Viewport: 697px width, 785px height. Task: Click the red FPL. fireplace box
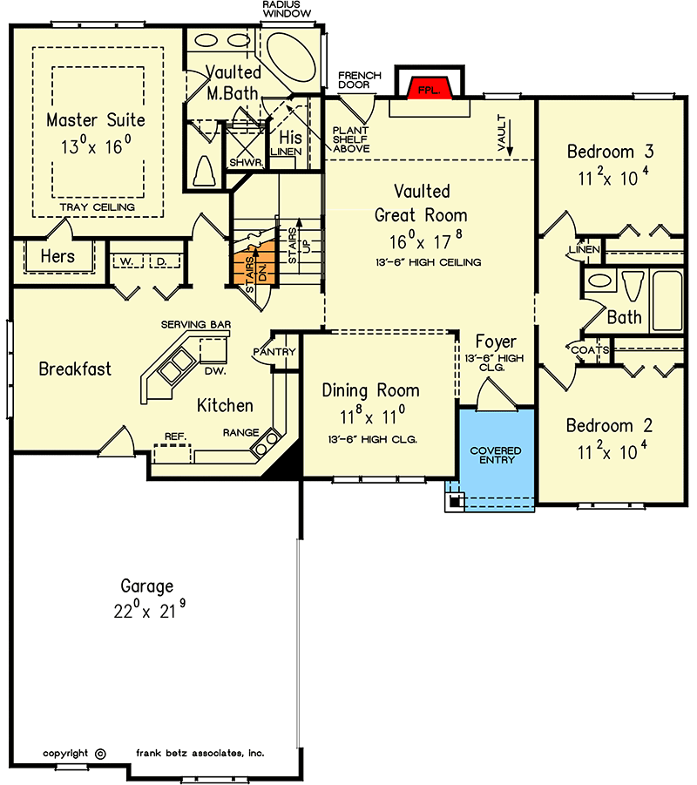coord(430,89)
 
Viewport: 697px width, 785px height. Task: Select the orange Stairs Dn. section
coord(255,269)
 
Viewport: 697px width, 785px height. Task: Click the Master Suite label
coord(96,120)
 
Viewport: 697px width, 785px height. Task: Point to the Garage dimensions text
coord(149,610)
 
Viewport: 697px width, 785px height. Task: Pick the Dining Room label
coord(370,390)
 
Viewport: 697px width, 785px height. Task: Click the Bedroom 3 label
coord(611,152)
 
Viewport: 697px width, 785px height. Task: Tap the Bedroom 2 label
coord(609,425)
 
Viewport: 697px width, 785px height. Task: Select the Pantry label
coord(274,352)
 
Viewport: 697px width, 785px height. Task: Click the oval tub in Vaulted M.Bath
coord(291,57)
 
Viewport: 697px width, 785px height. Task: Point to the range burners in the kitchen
coord(266,443)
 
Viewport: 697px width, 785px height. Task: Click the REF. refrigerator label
coord(175,436)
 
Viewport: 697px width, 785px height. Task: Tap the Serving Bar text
coord(196,324)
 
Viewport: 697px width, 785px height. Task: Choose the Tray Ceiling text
coord(97,207)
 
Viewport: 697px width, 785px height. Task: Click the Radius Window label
coord(287,9)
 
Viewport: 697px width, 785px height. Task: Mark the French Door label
coord(360,80)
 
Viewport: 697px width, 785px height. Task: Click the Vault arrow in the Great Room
coord(511,135)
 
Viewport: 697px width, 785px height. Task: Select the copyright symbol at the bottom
coord(100,754)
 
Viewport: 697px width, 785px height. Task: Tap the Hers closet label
coord(58,256)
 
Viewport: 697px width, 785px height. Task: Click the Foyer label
coord(496,342)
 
